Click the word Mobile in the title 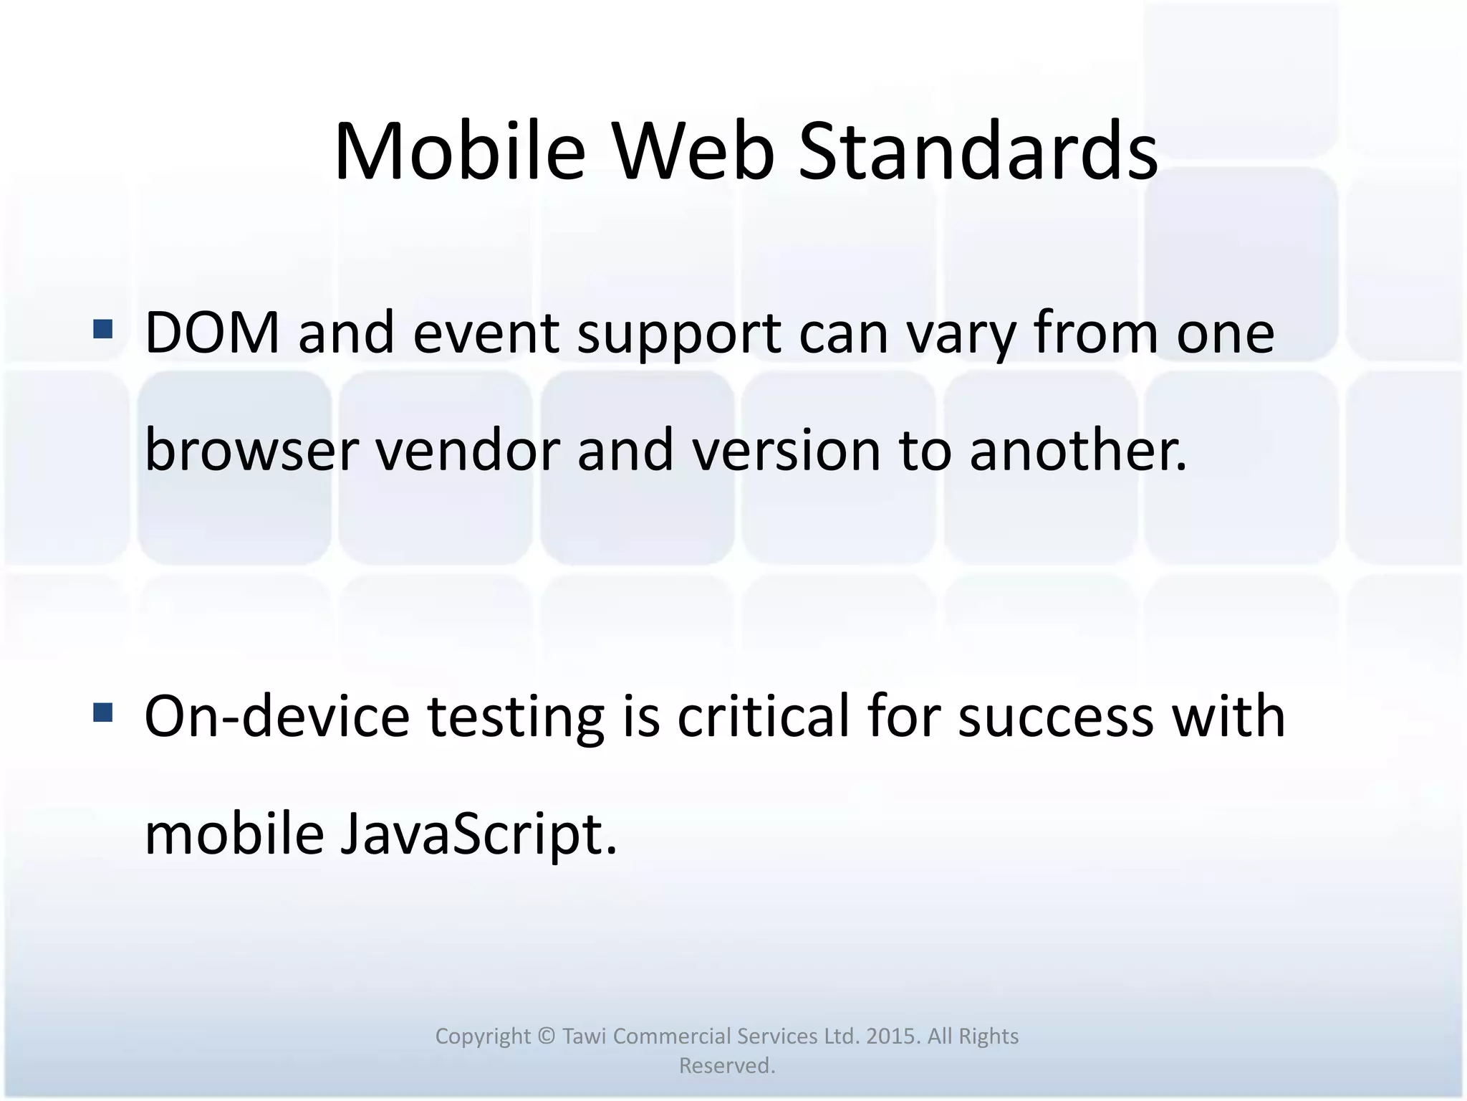click(460, 153)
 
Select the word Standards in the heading click(978, 153)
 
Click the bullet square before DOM click(103, 329)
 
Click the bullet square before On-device click(103, 712)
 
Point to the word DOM click(212, 333)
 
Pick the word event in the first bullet click(486, 333)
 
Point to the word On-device click(277, 716)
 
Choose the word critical click(763, 716)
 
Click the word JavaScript click(477, 836)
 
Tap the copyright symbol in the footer click(547, 1036)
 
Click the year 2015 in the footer click(893, 1036)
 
